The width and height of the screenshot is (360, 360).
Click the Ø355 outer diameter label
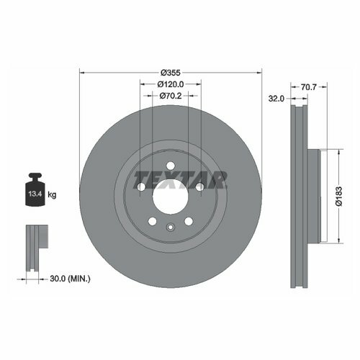(171, 73)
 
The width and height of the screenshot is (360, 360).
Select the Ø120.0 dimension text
(171, 84)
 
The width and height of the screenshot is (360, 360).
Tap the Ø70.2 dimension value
(171, 96)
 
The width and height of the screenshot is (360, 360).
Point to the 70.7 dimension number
(309, 87)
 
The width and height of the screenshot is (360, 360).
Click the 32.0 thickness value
(276, 99)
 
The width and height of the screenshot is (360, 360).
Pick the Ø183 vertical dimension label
(339, 196)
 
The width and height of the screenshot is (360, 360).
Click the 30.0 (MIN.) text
(70, 279)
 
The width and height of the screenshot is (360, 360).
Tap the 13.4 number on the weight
(35, 194)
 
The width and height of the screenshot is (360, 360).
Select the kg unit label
(52, 194)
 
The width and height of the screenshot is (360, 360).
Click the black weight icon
(35, 189)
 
